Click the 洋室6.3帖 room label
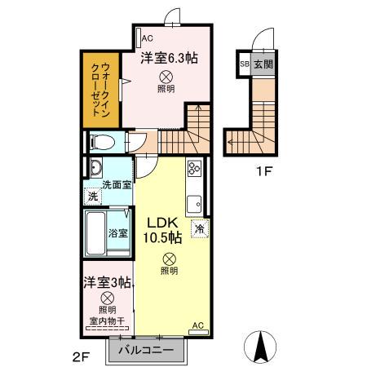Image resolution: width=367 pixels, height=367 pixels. click(x=169, y=58)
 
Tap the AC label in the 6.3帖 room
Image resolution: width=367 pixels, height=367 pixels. click(x=148, y=38)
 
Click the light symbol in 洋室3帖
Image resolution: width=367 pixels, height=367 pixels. click(x=107, y=298)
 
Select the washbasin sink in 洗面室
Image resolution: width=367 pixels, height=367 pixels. click(x=95, y=170)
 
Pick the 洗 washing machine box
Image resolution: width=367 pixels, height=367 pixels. click(x=93, y=197)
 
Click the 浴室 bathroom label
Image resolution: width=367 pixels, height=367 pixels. click(x=118, y=232)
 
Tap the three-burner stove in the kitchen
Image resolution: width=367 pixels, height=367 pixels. click(x=196, y=169)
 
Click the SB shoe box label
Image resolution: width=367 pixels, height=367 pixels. click(x=244, y=64)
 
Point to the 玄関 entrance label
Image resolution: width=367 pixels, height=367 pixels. click(x=263, y=64)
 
